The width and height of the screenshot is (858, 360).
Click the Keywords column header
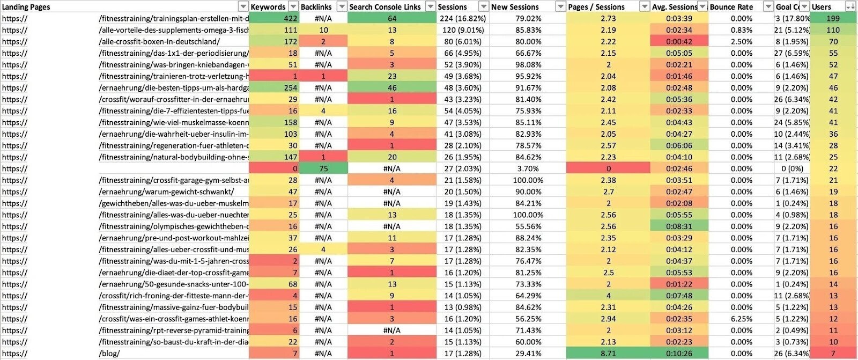pyautogui.click(x=268, y=6)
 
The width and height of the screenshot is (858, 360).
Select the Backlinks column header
pyautogui.click(x=316, y=6)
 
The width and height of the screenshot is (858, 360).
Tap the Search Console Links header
pyautogui.click(x=385, y=6)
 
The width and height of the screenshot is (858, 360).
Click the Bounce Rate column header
pyautogui.click(x=731, y=6)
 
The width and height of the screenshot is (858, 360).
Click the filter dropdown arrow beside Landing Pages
pyautogui.click(x=243, y=6)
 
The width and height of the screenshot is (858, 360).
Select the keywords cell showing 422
pyautogui.click(x=290, y=18)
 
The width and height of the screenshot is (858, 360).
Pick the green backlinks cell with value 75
pyautogui.click(x=323, y=168)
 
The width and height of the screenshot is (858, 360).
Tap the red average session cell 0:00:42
pyautogui.click(x=679, y=41)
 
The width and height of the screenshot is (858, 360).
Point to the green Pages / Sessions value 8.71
pyautogui.click(x=608, y=354)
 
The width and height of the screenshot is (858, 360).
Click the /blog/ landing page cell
pyautogui.click(x=109, y=354)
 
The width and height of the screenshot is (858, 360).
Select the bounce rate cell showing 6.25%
pyautogui.click(x=741, y=319)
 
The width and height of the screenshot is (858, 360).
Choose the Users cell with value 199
pyautogui.click(x=833, y=18)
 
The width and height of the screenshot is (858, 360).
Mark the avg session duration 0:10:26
pyautogui.click(x=679, y=354)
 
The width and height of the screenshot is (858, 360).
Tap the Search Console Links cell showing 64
pyautogui.click(x=392, y=18)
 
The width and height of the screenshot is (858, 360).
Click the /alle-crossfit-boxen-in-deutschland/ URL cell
pyautogui.click(x=159, y=41)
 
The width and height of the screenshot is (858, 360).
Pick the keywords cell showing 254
pyautogui.click(x=290, y=87)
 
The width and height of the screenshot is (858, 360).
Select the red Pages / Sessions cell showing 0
pyautogui.click(x=608, y=168)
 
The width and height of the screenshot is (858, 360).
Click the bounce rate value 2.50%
pyautogui.click(x=741, y=41)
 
